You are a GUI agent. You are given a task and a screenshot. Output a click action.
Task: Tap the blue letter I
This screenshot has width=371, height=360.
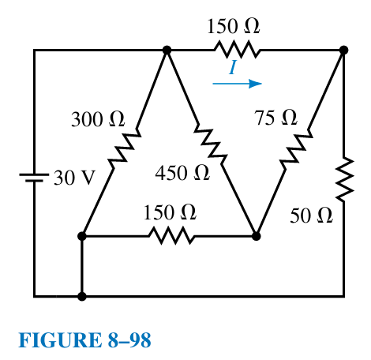(233, 69)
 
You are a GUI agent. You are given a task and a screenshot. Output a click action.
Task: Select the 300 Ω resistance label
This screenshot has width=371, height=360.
(98, 120)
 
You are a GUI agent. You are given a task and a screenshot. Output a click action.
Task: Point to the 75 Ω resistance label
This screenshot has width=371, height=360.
(276, 118)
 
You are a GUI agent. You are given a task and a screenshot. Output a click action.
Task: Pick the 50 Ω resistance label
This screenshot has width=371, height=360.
(312, 216)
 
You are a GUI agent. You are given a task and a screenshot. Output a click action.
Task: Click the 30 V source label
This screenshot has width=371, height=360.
(73, 177)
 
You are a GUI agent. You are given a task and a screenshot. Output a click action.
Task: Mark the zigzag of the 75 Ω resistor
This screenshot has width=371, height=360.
(294, 148)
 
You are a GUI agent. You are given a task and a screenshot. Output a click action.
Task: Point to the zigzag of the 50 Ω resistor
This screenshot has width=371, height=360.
(343, 181)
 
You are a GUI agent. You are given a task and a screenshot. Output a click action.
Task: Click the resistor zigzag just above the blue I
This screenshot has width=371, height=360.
(235, 50)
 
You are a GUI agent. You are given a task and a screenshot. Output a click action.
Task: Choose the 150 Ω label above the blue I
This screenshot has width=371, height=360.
(234, 25)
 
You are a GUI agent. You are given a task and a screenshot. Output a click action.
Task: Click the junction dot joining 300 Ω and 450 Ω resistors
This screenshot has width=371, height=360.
(167, 50)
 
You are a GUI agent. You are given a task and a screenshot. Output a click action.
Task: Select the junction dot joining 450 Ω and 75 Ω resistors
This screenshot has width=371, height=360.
(256, 235)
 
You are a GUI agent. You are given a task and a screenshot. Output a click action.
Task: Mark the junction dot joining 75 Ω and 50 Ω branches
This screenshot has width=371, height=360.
(343, 50)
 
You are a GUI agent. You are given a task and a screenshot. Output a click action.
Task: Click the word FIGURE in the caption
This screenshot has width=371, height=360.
(53, 341)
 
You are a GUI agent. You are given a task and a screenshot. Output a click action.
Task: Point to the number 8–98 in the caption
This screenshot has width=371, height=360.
(122, 341)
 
